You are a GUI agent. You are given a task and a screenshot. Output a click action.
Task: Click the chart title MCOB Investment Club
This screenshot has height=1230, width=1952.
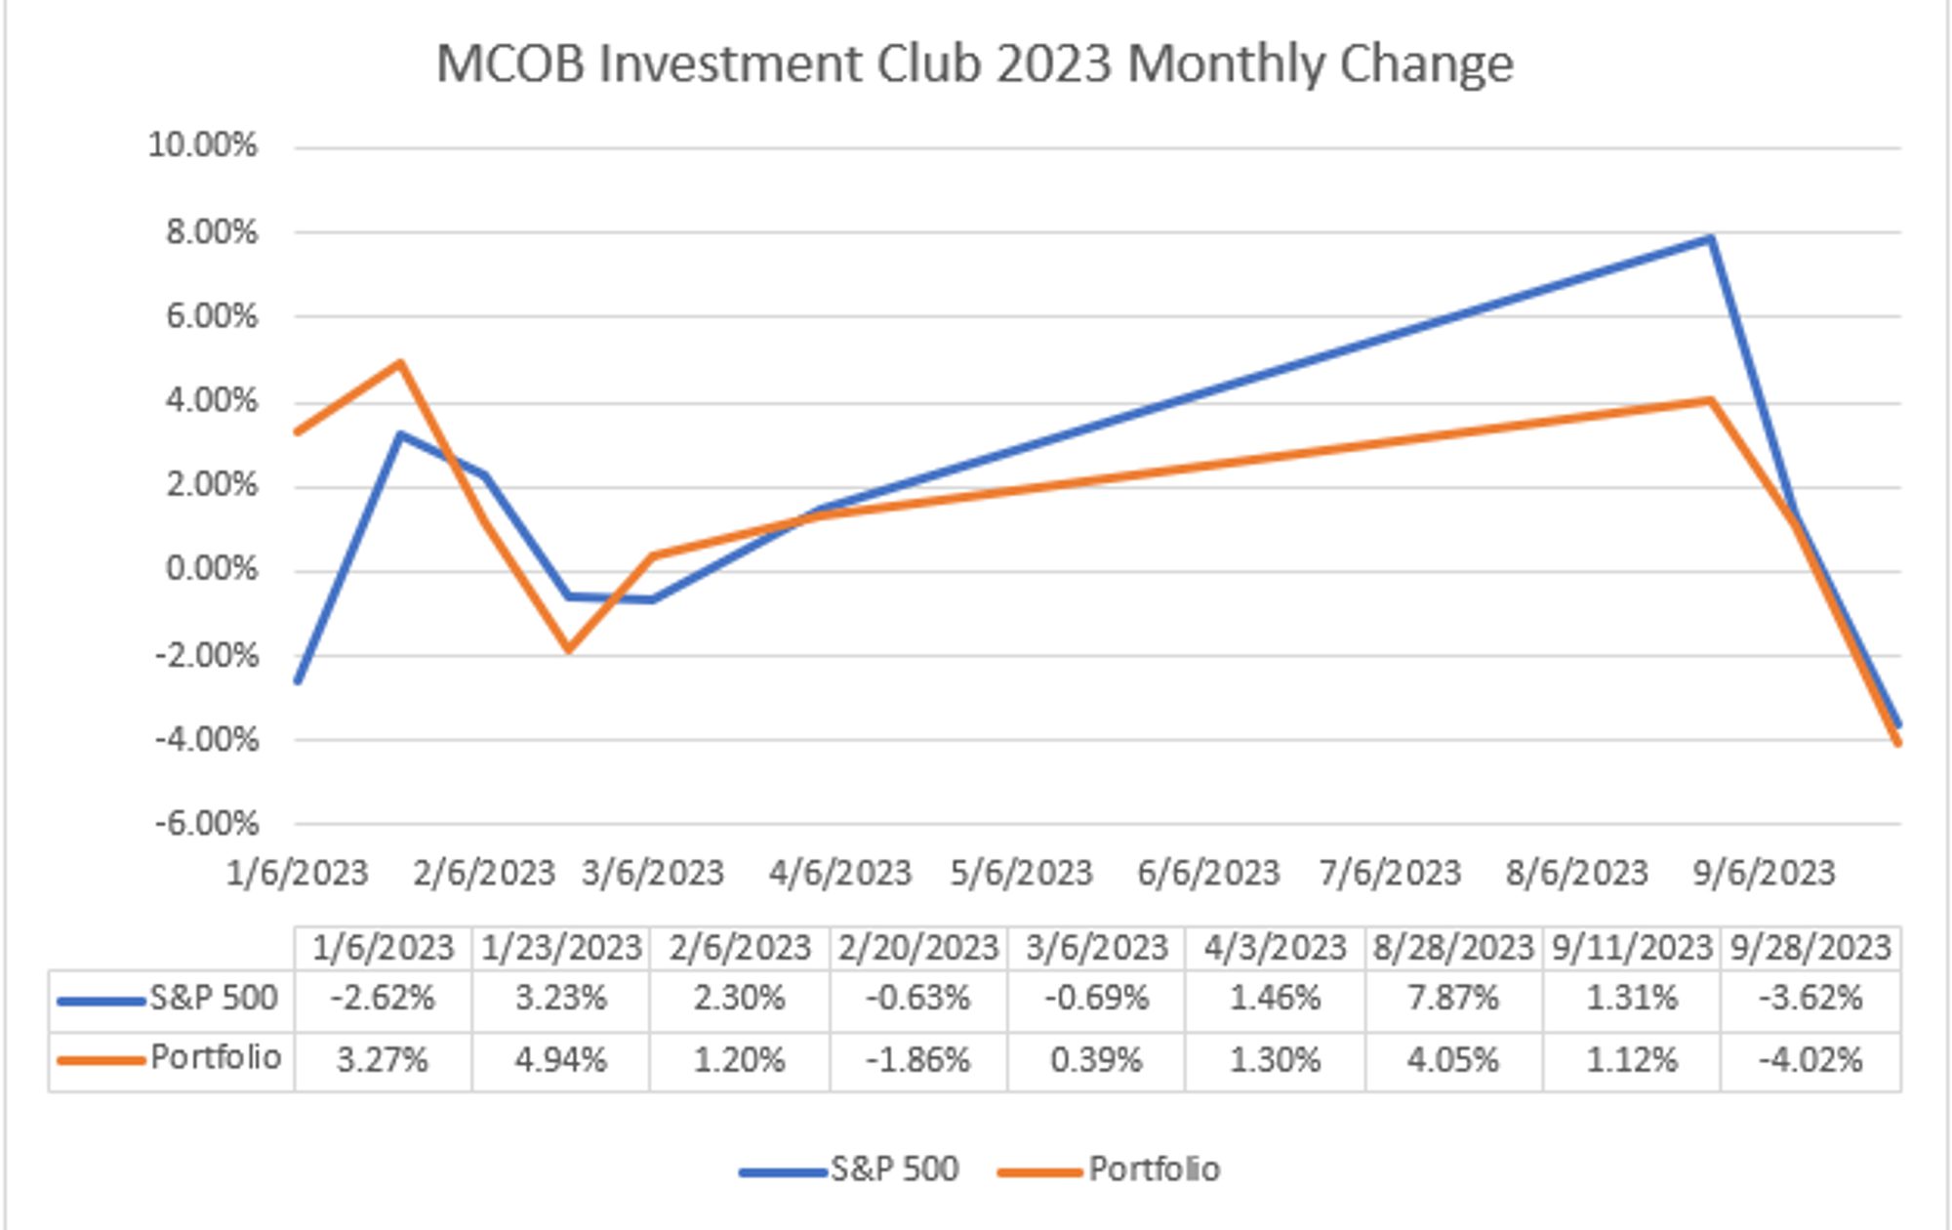pyautogui.click(x=974, y=64)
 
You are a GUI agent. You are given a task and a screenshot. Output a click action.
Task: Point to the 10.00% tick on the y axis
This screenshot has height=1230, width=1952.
pyautogui.click(x=202, y=146)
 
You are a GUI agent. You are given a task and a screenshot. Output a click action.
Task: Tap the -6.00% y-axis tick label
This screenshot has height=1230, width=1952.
pyautogui.click(x=207, y=824)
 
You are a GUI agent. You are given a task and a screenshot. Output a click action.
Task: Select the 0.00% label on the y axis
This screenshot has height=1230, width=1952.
pyautogui.click(x=212, y=569)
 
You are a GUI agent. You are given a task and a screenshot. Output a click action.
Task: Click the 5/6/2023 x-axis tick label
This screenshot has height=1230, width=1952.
pyautogui.click(x=1021, y=873)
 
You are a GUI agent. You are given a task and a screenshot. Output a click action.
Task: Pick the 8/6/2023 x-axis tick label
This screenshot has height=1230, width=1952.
pyautogui.click(x=1576, y=873)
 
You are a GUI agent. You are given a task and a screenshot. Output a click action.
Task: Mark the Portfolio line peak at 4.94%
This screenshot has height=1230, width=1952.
pyautogui.click(x=399, y=363)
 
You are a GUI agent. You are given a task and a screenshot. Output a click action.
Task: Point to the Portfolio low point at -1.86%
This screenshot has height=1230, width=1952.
pyautogui.click(x=568, y=649)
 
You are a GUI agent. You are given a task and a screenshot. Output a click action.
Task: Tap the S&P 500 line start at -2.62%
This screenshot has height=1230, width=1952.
pyautogui.click(x=297, y=680)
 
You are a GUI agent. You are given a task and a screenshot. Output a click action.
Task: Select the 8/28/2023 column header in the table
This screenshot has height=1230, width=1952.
pyautogui.click(x=1453, y=948)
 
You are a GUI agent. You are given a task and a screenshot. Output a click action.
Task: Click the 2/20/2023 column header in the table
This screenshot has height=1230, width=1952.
pyautogui.click(x=917, y=948)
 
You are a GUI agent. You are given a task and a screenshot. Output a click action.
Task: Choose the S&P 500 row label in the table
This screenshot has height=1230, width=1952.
pyautogui.click(x=213, y=999)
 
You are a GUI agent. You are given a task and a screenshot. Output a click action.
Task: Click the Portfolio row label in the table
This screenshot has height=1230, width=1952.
pyautogui.click(x=216, y=1058)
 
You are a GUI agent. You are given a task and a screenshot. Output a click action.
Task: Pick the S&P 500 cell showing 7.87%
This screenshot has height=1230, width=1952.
pyautogui.click(x=1453, y=999)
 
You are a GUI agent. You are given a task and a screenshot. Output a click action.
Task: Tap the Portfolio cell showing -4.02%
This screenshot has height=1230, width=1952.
pyautogui.click(x=1810, y=1060)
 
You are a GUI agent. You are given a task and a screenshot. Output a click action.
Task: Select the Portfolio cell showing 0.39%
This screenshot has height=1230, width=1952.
pyautogui.click(x=1096, y=1060)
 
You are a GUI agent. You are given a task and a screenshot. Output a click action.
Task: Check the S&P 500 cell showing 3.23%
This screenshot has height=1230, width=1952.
pyautogui.click(x=560, y=999)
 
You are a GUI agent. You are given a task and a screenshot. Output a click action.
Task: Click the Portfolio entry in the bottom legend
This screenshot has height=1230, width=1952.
pyautogui.click(x=1154, y=1169)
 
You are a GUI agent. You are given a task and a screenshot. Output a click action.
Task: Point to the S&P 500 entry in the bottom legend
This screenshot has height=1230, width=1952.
pyautogui.click(x=894, y=1169)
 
